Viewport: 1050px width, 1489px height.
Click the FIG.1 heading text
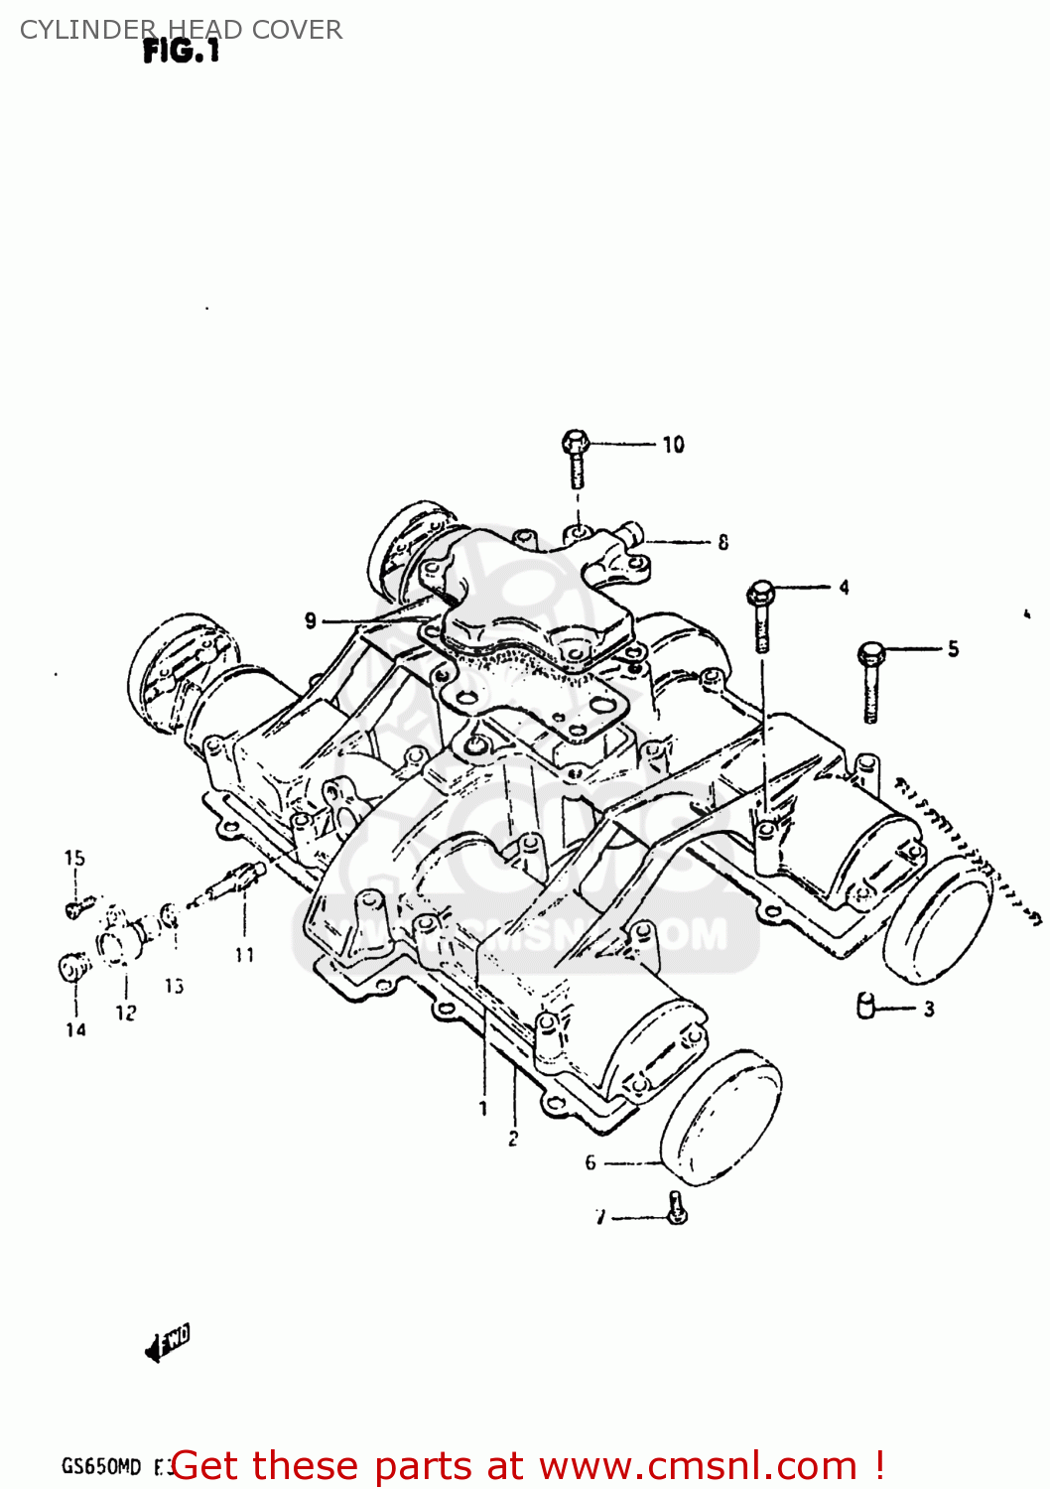pyautogui.click(x=181, y=52)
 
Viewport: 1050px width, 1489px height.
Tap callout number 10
pyautogui.click(x=673, y=445)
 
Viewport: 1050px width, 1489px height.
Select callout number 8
pyautogui.click(x=722, y=542)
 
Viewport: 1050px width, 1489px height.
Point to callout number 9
pyautogui.click(x=311, y=620)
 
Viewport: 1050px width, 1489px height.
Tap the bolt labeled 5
pyautogui.click(x=870, y=679)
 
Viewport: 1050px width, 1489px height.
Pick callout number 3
pyautogui.click(x=929, y=1010)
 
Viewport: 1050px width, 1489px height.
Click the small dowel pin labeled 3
pyautogui.click(x=864, y=1006)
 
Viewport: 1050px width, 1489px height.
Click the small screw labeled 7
pyautogui.click(x=677, y=1209)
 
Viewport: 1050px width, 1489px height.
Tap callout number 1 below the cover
pyautogui.click(x=483, y=1108)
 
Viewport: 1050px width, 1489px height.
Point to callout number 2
pyautogui.click(x=513, y=1139)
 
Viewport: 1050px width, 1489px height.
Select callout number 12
pyautogui.click(x=126, y=1014)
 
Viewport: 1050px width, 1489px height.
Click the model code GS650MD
pyautogui.click(x=101, y=1466)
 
